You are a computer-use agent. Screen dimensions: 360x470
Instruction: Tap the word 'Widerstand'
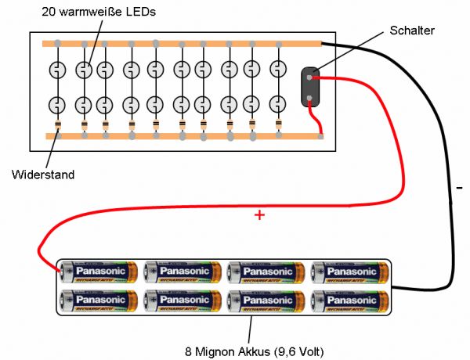click(43, 175)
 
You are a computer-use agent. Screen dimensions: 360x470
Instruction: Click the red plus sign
click(259, 215)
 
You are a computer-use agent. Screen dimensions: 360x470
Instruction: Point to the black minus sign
click(459, 188)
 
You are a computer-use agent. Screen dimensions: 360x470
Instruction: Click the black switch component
click(311, 87)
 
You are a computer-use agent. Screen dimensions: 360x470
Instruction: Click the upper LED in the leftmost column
click(57, 70)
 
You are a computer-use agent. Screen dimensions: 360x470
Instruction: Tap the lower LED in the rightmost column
click(278, 103)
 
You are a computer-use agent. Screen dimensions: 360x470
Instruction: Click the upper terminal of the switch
click(311, 77)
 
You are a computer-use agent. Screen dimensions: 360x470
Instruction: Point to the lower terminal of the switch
click(311, 98)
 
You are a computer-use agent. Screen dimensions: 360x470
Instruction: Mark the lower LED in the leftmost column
click(57, 103)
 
